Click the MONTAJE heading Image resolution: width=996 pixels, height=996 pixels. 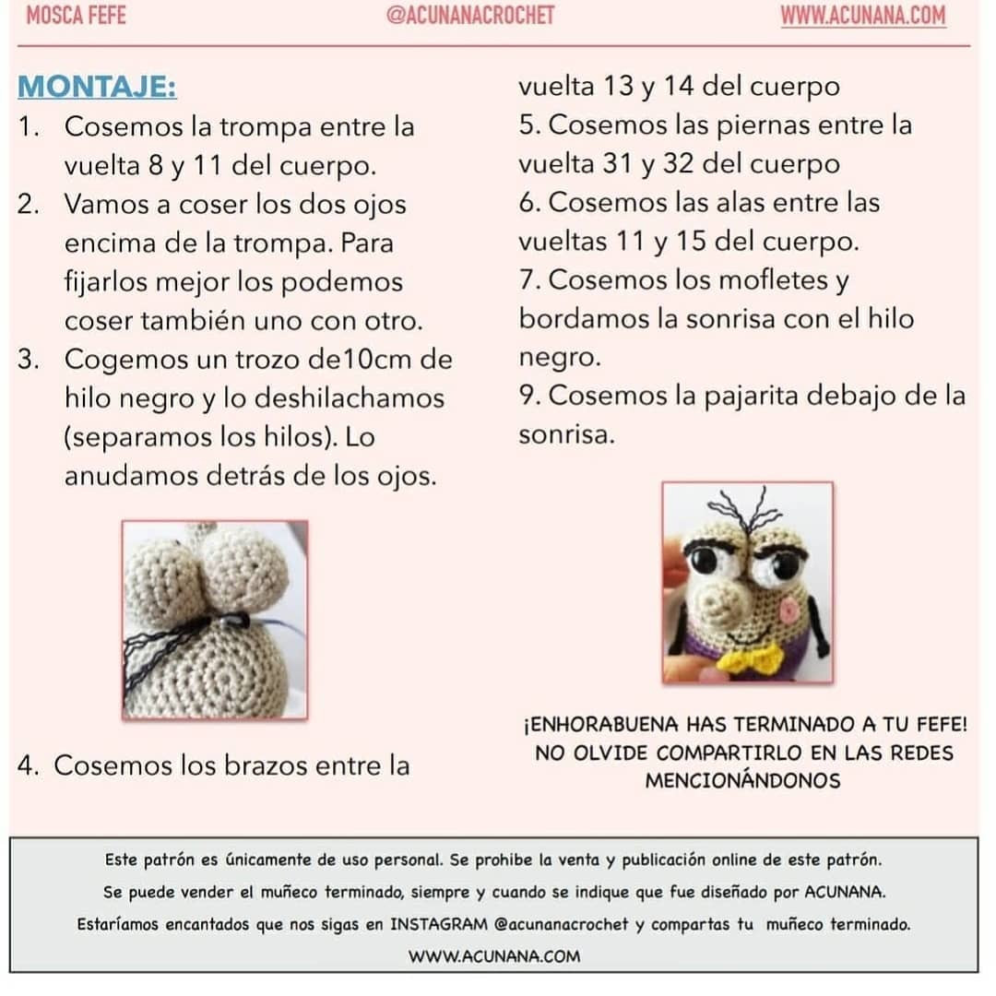pyautogui.click(x=98, y=88)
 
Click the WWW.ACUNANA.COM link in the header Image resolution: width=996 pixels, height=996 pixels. pyautogui.click(x=862, y=16)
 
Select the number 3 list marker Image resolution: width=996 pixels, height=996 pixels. pyautogui.click(x=27, y=360)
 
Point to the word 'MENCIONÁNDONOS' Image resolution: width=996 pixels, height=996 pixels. pyautogui.click(x=742, y=781)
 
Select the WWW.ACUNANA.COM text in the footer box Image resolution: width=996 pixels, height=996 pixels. pyautogui.click(x=494, y=956)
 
